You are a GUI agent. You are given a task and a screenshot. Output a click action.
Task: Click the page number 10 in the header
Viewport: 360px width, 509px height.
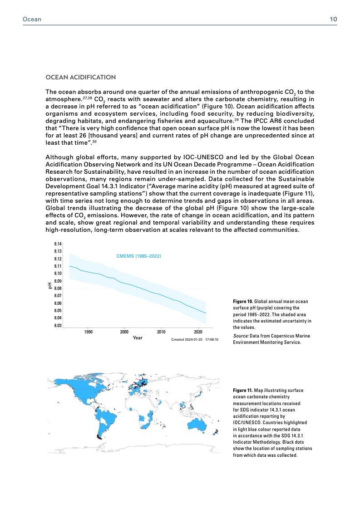click(333, 19)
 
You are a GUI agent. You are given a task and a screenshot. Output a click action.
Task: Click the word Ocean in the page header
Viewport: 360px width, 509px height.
click(32, 19)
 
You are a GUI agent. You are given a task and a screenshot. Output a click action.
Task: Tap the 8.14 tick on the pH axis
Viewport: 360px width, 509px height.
click(58, 244)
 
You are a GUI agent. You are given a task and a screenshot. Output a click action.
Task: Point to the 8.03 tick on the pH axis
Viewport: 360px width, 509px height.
click(58, 326)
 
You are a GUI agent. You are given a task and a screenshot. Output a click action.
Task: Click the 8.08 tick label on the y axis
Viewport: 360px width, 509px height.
click(58, 289)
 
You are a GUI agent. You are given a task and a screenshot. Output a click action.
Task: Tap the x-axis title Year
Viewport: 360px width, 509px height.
click(138, 338)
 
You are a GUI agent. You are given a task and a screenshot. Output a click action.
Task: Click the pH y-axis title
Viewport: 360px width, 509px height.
click(49, 285)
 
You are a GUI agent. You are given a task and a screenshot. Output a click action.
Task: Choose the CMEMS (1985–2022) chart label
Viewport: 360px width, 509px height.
click(139, 256)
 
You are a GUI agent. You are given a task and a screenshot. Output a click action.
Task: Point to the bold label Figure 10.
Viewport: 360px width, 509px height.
click(242, 301)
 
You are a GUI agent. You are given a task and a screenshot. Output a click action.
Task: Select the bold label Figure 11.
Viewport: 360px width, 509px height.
click(242, 390)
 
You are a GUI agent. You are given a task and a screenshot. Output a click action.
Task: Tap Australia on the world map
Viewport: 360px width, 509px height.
click(197, 423)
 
